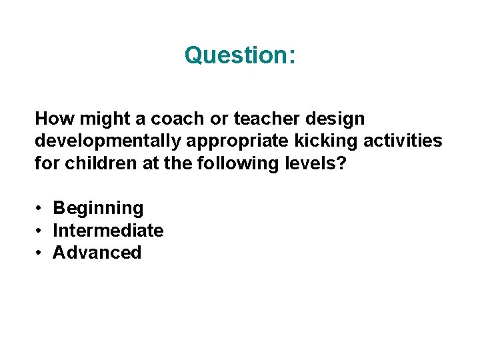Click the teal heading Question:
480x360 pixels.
tap(240, 55)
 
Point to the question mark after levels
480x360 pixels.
tap(341, 163)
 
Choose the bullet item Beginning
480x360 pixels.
tap(98, 209)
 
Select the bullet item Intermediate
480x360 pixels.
tap(108, 231)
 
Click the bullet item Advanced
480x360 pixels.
tap(97, 253)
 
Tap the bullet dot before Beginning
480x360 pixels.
tap(40, 209)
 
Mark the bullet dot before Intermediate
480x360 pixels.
tap(40, 231)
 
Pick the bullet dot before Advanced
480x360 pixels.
tap(40, 253)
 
